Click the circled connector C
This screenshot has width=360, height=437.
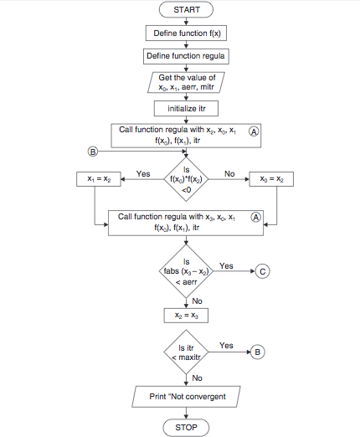coord(263,272)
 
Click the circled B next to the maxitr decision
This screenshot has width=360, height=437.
coord(258,352)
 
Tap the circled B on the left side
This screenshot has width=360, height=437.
coord(93,152)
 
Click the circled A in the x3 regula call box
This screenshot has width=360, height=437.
coord(256,216)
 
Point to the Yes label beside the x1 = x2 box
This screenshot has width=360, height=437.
coord(142,173)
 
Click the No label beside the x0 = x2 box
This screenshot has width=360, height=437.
coord(229,173)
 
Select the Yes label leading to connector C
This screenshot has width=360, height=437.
coord(226,265)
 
